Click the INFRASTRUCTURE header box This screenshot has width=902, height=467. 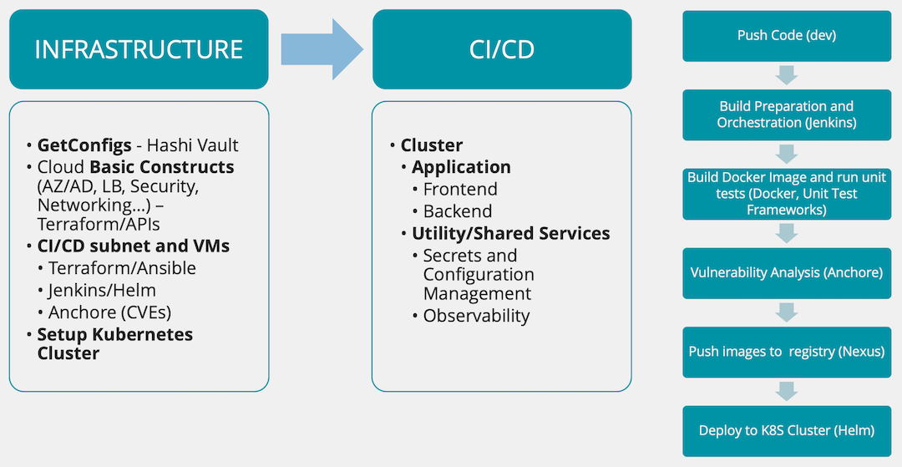pos(139,49)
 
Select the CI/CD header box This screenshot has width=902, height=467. pos(502,49)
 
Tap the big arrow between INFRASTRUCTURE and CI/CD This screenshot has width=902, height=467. pos(322,49)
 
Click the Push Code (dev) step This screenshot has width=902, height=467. pos(787,36)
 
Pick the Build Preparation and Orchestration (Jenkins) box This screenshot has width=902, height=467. pos(787,114)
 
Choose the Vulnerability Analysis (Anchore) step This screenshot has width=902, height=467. pos(787,272)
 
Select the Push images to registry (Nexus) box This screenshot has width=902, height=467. pos(787,352)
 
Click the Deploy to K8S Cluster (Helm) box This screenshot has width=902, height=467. pos(787,431)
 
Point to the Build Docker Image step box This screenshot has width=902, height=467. pos(787,194)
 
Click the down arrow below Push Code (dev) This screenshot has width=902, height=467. pos(787,74)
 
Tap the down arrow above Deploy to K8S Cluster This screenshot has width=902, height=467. pos(787,392)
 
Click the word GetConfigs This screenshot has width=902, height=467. pos(84,145)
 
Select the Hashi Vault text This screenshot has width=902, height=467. pos(191,145)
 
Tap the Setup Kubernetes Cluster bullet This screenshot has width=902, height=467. pos(115,343)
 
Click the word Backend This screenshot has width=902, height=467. pos(458,211)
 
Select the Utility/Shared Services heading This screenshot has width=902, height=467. pos(511,234)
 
